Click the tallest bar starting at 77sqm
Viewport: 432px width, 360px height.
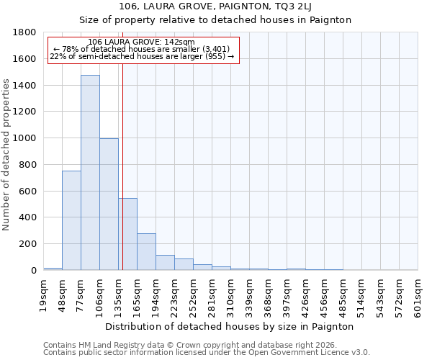tap(90, 173)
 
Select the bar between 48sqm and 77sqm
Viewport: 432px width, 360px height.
tap(71, 220)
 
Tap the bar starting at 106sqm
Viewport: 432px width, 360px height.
tap(109, 204)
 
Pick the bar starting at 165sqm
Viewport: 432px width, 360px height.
tap(146, 251)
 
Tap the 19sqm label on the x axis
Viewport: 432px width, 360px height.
tap(44, 296)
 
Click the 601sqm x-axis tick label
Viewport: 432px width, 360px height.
tap(418, 296)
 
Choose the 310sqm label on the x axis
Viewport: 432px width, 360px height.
tap(231, 296)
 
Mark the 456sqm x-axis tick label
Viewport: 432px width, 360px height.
tap(325, 296)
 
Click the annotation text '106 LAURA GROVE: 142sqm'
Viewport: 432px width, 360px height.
tap(141, 42)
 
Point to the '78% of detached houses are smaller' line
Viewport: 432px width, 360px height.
tap(141, 49)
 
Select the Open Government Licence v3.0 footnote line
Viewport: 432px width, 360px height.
tap(207, 353)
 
